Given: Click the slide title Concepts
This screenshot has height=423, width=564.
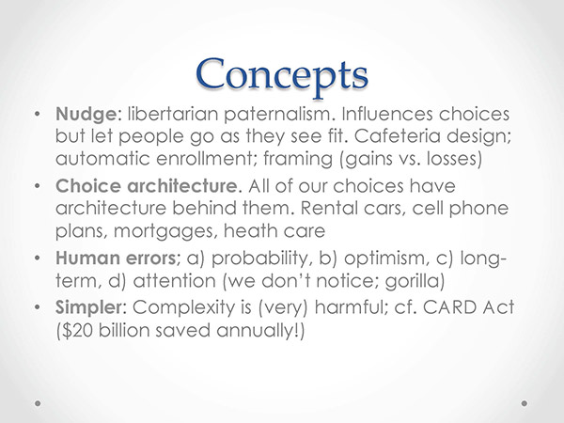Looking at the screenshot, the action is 282,76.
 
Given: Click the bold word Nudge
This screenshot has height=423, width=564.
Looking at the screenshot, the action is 86,116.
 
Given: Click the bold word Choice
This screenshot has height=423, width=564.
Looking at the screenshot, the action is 88,186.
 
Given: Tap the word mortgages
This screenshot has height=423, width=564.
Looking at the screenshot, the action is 165,231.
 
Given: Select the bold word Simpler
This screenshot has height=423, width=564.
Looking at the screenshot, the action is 89,308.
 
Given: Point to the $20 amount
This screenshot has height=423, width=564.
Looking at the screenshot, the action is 77,330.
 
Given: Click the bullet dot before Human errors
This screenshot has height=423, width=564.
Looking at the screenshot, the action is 37,258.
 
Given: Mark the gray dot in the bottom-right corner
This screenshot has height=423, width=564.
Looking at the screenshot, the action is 525,403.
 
